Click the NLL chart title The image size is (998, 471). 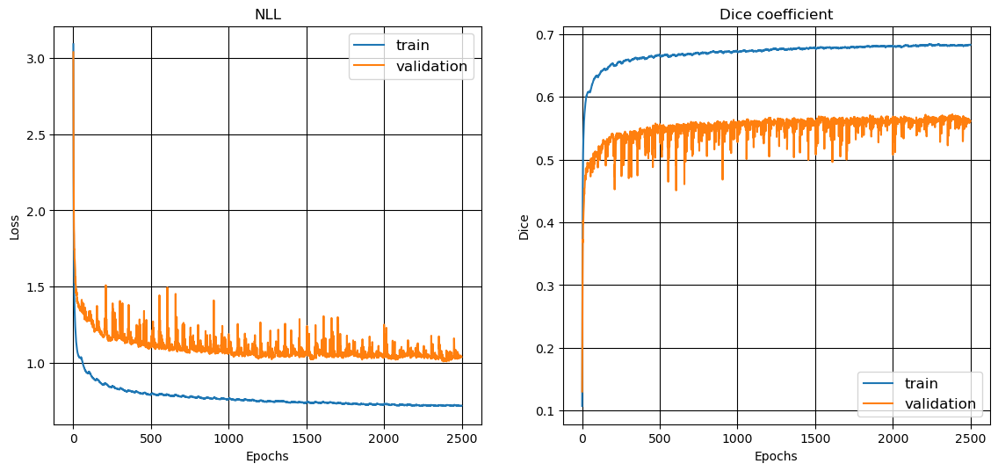click(x=267, y=14)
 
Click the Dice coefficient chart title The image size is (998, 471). click(x=776, y=14)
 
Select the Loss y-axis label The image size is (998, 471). click(x=15, y=227)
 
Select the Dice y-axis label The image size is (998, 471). click(x=524, y=227)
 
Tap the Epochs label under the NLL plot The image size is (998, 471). click(x=267, y=456)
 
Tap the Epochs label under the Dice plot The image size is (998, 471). click(x=776, y=456)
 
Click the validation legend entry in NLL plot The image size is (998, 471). click(x=431, y=67)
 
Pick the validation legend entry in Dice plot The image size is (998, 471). click(x=939, y=404)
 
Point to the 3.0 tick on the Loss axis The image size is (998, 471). click(x=36, y=58)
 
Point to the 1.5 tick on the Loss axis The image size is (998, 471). click(x=36, y=286)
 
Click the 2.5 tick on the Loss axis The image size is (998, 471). click(x=36, y=134)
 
